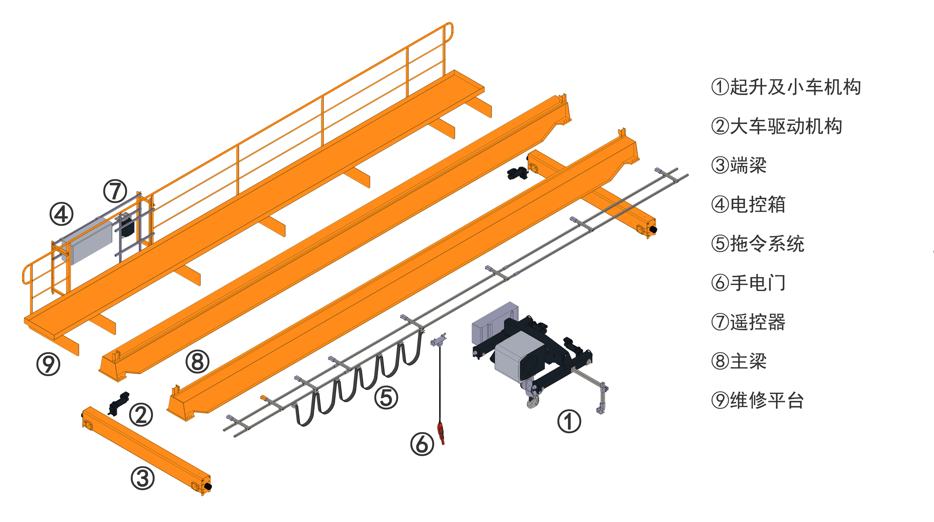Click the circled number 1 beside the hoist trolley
click(x=569, y=421)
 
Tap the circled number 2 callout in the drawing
click(x=141, y=415)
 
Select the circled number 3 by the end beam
click(x=143, y=478)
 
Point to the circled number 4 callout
click(x=61, y=214)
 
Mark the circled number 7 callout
click(x=115, y=191)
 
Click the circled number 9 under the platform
click(x=48, y=364)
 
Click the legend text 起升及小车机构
click(x=795, y=87)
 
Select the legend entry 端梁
click(x=748, y=166)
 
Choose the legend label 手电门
click(x=758, y=283)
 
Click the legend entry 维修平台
click(x=767, y=400)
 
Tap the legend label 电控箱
click(x=758, y=205)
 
